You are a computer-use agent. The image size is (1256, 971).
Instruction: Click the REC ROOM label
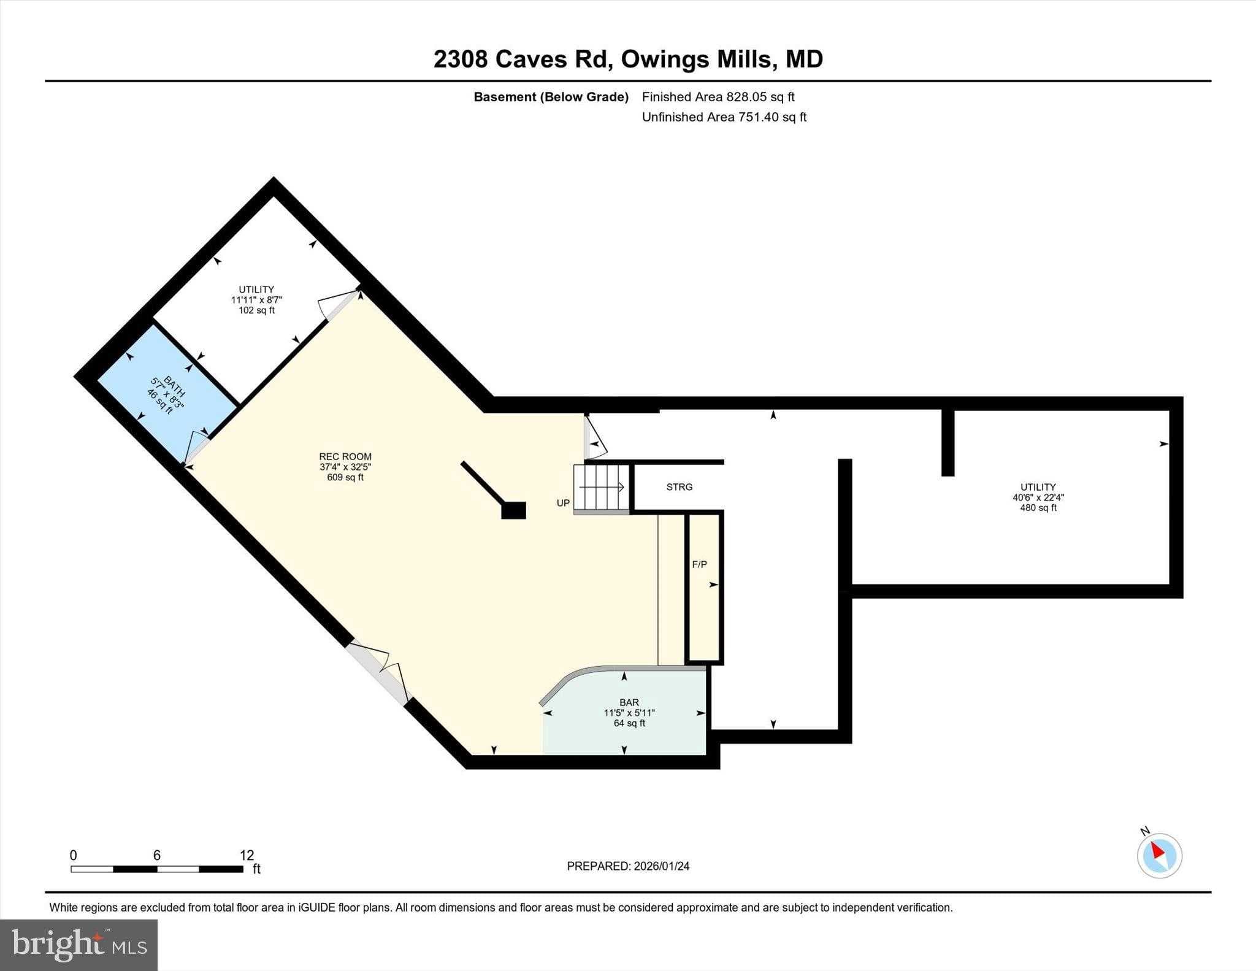point(345,456)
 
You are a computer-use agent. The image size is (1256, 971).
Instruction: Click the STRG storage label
point(680,487)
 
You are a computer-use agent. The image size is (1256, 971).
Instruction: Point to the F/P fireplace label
point(699,564)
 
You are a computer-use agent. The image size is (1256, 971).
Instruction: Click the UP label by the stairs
point(563,503)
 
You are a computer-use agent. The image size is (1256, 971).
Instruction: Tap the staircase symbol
point(602,488)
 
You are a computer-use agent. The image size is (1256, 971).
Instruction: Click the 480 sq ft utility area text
point(1038,508)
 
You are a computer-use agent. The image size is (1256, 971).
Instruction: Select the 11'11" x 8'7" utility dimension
point(256,300)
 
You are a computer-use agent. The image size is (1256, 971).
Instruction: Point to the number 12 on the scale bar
point(247,855)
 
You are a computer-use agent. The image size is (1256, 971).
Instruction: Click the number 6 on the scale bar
point(157,855)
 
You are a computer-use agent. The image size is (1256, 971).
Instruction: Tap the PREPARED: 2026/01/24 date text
point(628,866)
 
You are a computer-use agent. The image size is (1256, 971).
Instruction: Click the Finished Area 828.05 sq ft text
point(718,96)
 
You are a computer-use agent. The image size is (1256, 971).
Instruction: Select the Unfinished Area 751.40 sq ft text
point(724,117)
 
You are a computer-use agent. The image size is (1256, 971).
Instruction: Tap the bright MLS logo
point(78,945)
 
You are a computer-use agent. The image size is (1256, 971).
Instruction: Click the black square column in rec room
point(513,510)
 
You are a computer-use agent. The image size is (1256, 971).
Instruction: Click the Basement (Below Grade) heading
point(551,97)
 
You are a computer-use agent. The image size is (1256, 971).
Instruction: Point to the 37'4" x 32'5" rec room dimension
point(345,467)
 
